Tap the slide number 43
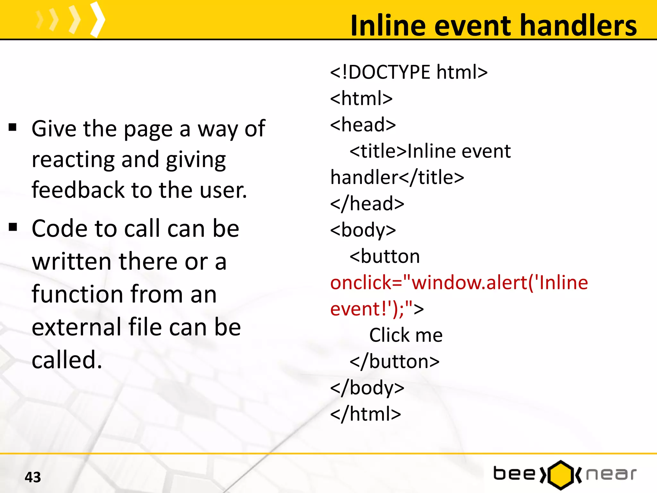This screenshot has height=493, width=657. (x=33, y=477)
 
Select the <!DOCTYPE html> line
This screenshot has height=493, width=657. (x=409, y=72)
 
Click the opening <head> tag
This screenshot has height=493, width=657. (x=363, y=125)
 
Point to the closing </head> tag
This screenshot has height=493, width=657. (x=367, y=203)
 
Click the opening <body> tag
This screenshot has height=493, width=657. (x=363, y=230)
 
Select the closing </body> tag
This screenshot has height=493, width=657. (x=367, y=388)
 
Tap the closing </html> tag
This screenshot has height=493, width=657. (x=366, y=414)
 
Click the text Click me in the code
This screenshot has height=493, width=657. (x=406, y=335)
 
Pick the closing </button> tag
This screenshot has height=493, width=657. (x=395, y=362)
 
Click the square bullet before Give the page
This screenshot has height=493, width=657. (x=13, y=127)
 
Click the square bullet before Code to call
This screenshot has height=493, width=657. (x=13, y=227)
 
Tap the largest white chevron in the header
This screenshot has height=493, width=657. (x=98, y=19)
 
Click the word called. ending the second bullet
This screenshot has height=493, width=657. (x=67, y=360)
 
